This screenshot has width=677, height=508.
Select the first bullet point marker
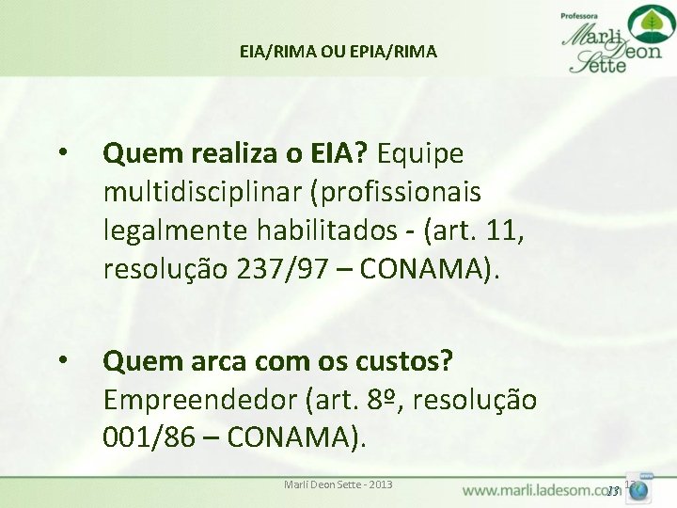point(62,152)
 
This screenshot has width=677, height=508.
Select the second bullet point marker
point(62,359)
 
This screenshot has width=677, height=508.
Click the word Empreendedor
point(199,400)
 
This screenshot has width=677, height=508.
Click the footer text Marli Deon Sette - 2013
point(338,484)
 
